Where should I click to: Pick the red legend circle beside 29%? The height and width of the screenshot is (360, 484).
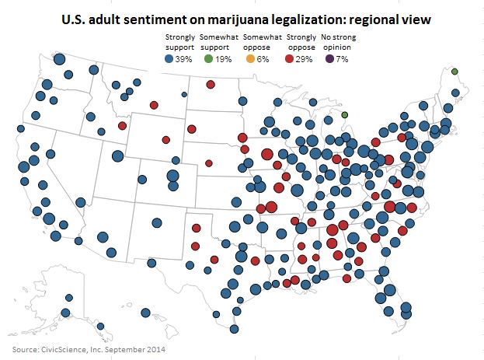[292, 59]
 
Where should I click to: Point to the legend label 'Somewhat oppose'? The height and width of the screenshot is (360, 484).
[263, 41]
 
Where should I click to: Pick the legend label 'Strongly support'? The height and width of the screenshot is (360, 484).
[179, 41]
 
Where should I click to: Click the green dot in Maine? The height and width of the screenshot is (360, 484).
[454, 72]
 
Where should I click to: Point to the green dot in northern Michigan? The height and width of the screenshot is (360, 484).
[344, 115]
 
